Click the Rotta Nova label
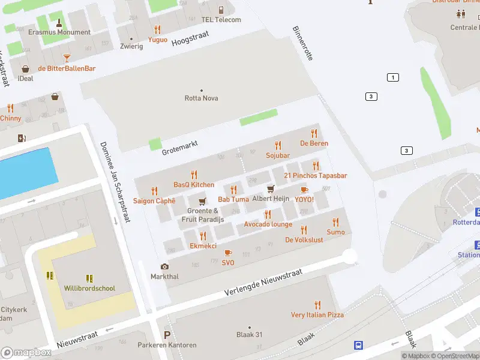[201, 98]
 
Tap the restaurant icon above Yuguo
[157, 29]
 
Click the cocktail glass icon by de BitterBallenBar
[67, 58]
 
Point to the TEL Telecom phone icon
[221, 10]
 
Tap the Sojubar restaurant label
[277, 155]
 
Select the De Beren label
[314, 143]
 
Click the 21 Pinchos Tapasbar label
[316, 175]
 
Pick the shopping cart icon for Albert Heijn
[271, 189]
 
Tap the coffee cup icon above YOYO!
[304, 190]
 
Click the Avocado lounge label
[268, 224]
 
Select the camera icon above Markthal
[164, 266]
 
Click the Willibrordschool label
[89, 288]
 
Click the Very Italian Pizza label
[317, 314]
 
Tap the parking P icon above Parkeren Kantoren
[167, 335]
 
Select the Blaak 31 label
[249, 335]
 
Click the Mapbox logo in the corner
[26, 352]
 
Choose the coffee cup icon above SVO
[228, 253]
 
